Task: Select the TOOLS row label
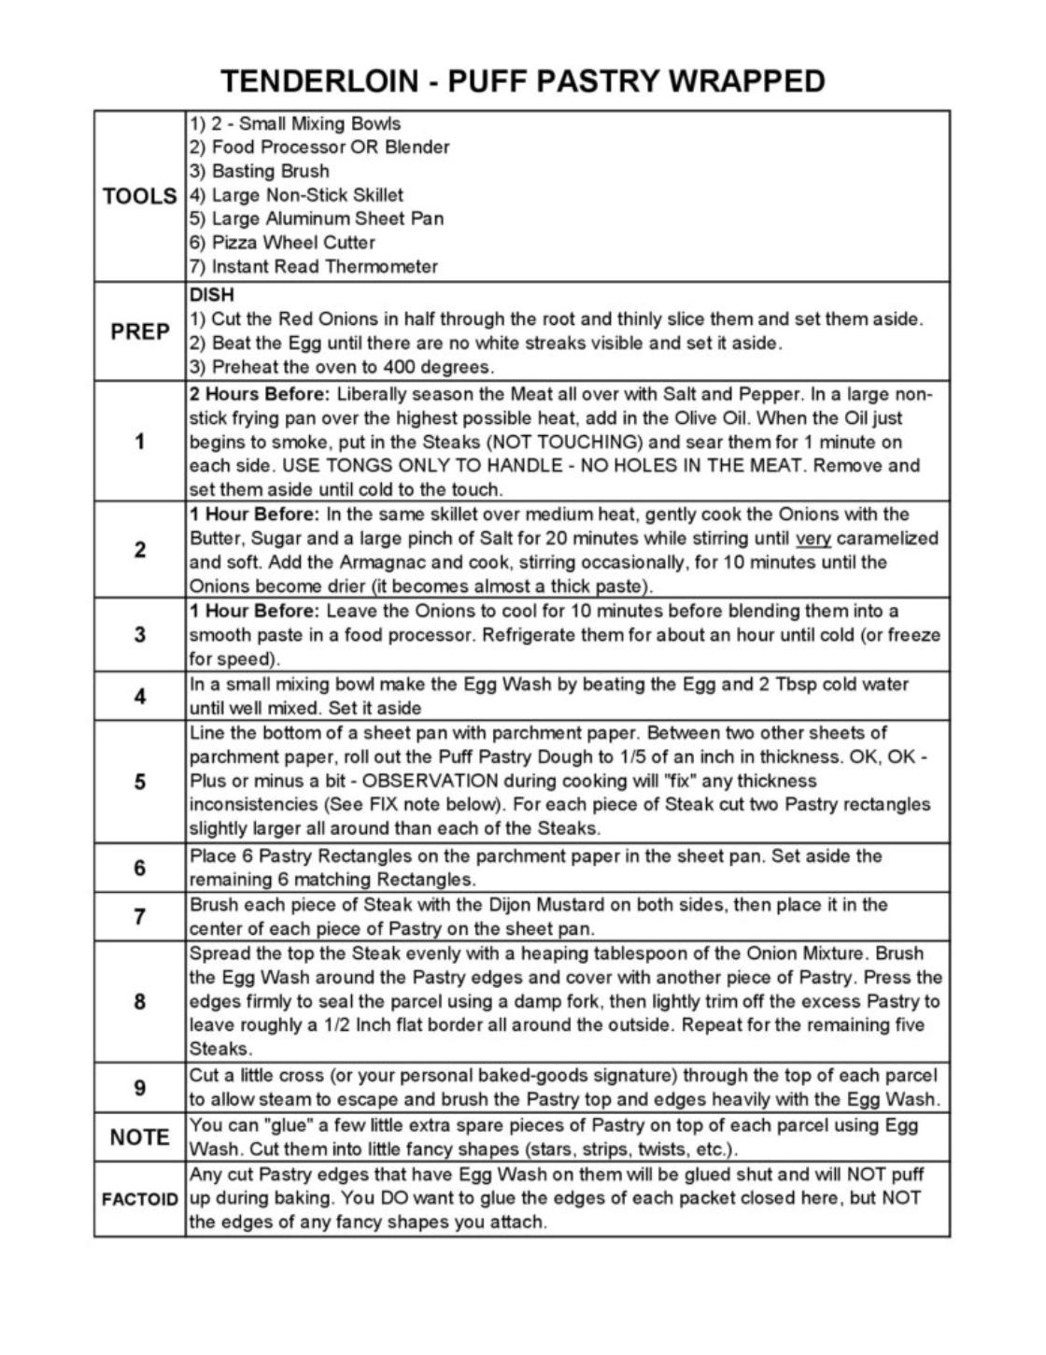[140, 196]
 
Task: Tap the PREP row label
[140, 332]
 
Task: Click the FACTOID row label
[140, 1199]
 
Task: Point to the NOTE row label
[140, 1137]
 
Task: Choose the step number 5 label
[140, 782]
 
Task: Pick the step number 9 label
[140, 1088]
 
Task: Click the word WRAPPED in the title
[747, 81]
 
